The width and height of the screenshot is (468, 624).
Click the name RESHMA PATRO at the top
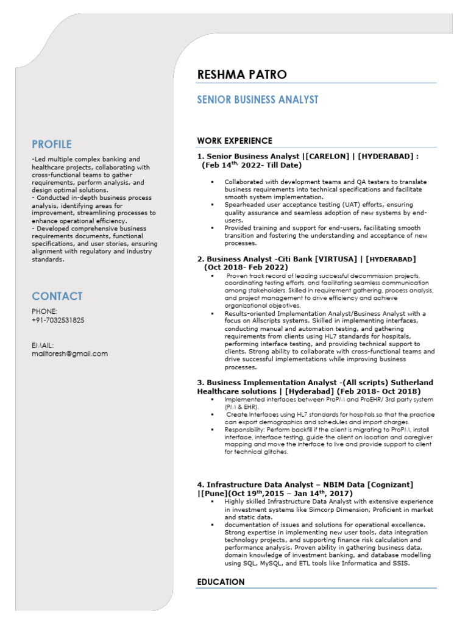(x=241, y=75)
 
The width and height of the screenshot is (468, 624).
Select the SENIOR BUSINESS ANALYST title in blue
(x=257, y=100)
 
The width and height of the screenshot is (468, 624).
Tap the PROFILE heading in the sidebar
(x=52, y=144)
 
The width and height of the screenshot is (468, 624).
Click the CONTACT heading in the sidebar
(x=57, y=297)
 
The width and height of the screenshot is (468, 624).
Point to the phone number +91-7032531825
(x=58, y=320)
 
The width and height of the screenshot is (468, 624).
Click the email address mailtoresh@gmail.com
(x=69, y=353)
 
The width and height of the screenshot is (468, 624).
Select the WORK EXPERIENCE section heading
(x=235, y=141)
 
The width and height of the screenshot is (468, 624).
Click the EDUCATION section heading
(x=221, y=582)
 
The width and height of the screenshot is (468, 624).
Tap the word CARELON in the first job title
(x=329, y=157)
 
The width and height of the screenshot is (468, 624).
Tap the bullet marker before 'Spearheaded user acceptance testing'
(x=212, y=205)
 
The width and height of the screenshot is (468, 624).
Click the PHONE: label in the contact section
(x=44, y=311)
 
